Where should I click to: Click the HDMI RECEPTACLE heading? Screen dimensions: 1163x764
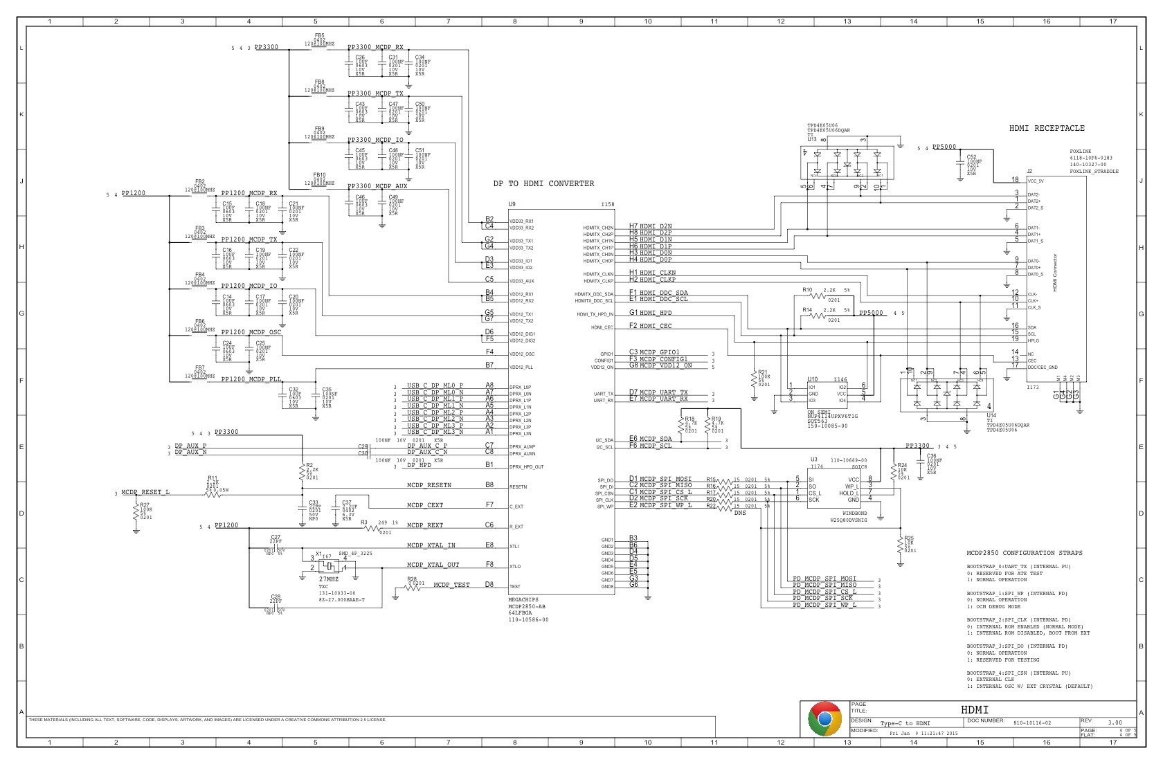(x=1047, y=128)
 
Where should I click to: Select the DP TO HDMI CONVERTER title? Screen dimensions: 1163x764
(x=543, y=183)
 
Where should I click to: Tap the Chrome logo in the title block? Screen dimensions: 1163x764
(x=824, y=719)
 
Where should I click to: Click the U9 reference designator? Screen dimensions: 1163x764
(x=512, y=204)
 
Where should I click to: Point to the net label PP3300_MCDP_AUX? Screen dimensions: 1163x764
(x=377, y=186)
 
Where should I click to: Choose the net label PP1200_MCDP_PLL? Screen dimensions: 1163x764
(x=251, y=380)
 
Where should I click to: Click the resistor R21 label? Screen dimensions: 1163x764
(x=763, y=372)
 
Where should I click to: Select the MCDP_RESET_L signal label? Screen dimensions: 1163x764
(x=145, y=492)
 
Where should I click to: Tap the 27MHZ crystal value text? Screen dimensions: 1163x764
(x=328, y=579)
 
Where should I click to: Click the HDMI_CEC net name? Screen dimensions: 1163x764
(x=656, y=326)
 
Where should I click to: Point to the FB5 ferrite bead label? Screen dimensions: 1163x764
(x=319, y=35)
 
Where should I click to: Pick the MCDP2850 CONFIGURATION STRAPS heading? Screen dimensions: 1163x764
(x=1025, y=553)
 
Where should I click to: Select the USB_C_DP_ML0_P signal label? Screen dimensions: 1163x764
(x=435, y=385)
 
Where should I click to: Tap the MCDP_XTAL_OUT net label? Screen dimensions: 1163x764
(x=433, y=565)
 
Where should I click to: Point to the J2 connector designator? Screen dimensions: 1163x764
(x=1029, y=171)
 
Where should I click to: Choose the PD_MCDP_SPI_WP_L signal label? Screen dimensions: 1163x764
(x=824, y=605)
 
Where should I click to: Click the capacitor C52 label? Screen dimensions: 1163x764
(x=971, y=156)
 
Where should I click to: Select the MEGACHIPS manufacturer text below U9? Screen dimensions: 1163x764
(x=523, y=600)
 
